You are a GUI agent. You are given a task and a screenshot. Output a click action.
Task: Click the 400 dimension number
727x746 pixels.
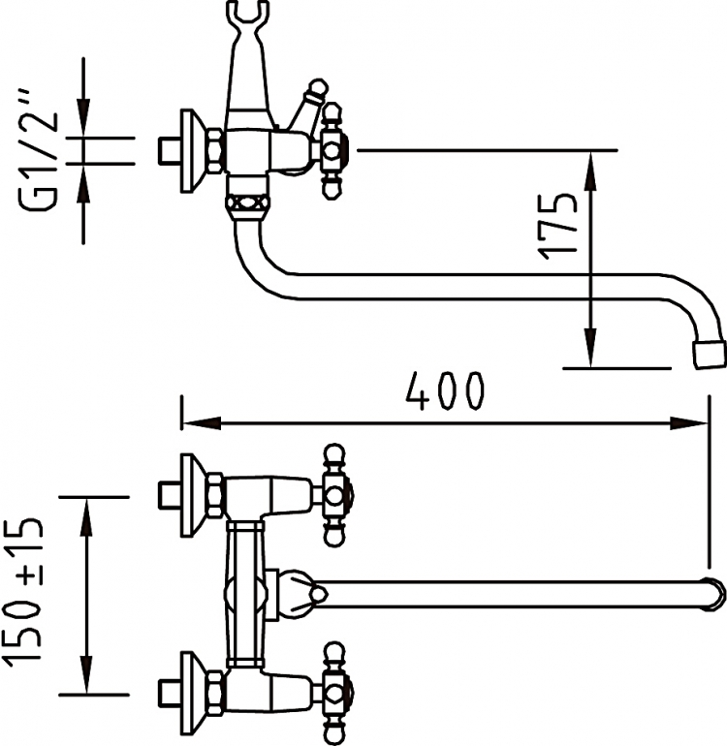(445, 391)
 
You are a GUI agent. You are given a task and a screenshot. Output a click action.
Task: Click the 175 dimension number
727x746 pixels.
(557, 227)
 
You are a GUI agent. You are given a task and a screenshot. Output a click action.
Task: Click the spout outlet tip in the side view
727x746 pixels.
(710, 355)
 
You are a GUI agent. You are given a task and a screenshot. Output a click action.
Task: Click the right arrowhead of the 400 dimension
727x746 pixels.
(689, 422)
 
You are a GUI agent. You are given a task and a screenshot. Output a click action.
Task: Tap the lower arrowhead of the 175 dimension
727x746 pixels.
(590, 348)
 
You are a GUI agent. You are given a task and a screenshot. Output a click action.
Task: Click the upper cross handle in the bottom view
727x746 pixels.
(336, 495)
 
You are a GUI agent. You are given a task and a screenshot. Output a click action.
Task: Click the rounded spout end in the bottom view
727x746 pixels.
(713, 594)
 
